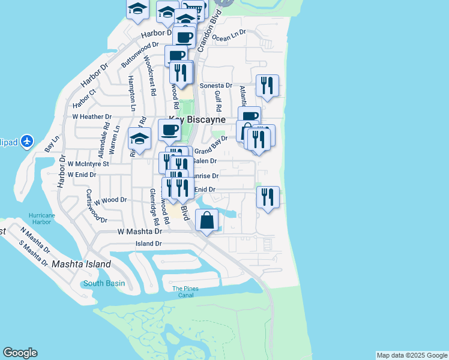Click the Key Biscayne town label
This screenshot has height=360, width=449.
tap(197, 119)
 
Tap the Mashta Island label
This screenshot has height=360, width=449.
tap(81, 264)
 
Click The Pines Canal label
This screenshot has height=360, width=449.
tap(185, 292)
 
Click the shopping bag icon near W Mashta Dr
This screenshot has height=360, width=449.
tap(206, 221)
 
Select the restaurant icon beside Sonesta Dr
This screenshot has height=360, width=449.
tap(267, 85)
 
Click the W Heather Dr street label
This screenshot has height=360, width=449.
tap(92, 117)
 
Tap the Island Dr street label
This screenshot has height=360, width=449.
tap(149, 244)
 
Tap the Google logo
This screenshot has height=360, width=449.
tap(20, 353)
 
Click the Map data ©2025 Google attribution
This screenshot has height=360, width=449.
tap(411, 355)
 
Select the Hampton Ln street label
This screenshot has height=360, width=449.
tap(131, 88)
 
